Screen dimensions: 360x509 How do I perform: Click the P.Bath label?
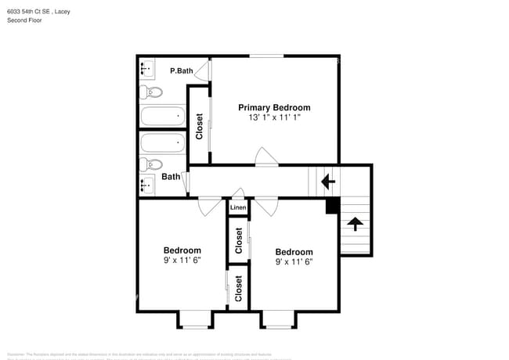click(x=182, y=71)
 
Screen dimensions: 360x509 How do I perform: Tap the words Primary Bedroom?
click(x=274, y=108)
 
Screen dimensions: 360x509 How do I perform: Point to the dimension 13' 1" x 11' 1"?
click(x=274, y=117)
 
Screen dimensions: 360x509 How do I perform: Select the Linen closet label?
click(x=237, y=207)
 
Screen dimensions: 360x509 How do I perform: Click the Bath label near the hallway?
click(x=171, y=177)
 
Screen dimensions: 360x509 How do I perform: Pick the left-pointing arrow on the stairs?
click(x=328, y=182)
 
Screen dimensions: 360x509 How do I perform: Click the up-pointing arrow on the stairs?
click(x=355, y=225)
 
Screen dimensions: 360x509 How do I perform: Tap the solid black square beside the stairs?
click(x=332, y=206)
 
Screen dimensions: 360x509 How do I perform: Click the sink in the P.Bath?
click(x=146, y=70)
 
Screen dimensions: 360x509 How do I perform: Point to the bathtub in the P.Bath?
click(x=162, y=117)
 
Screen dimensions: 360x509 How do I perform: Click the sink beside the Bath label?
click(x=146, y=185)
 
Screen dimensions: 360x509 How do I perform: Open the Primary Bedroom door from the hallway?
click(x=267, y=157)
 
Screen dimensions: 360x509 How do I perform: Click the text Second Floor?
click(x=25, y=20)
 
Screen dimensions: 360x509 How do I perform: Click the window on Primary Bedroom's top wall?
click(x=267, y=56)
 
